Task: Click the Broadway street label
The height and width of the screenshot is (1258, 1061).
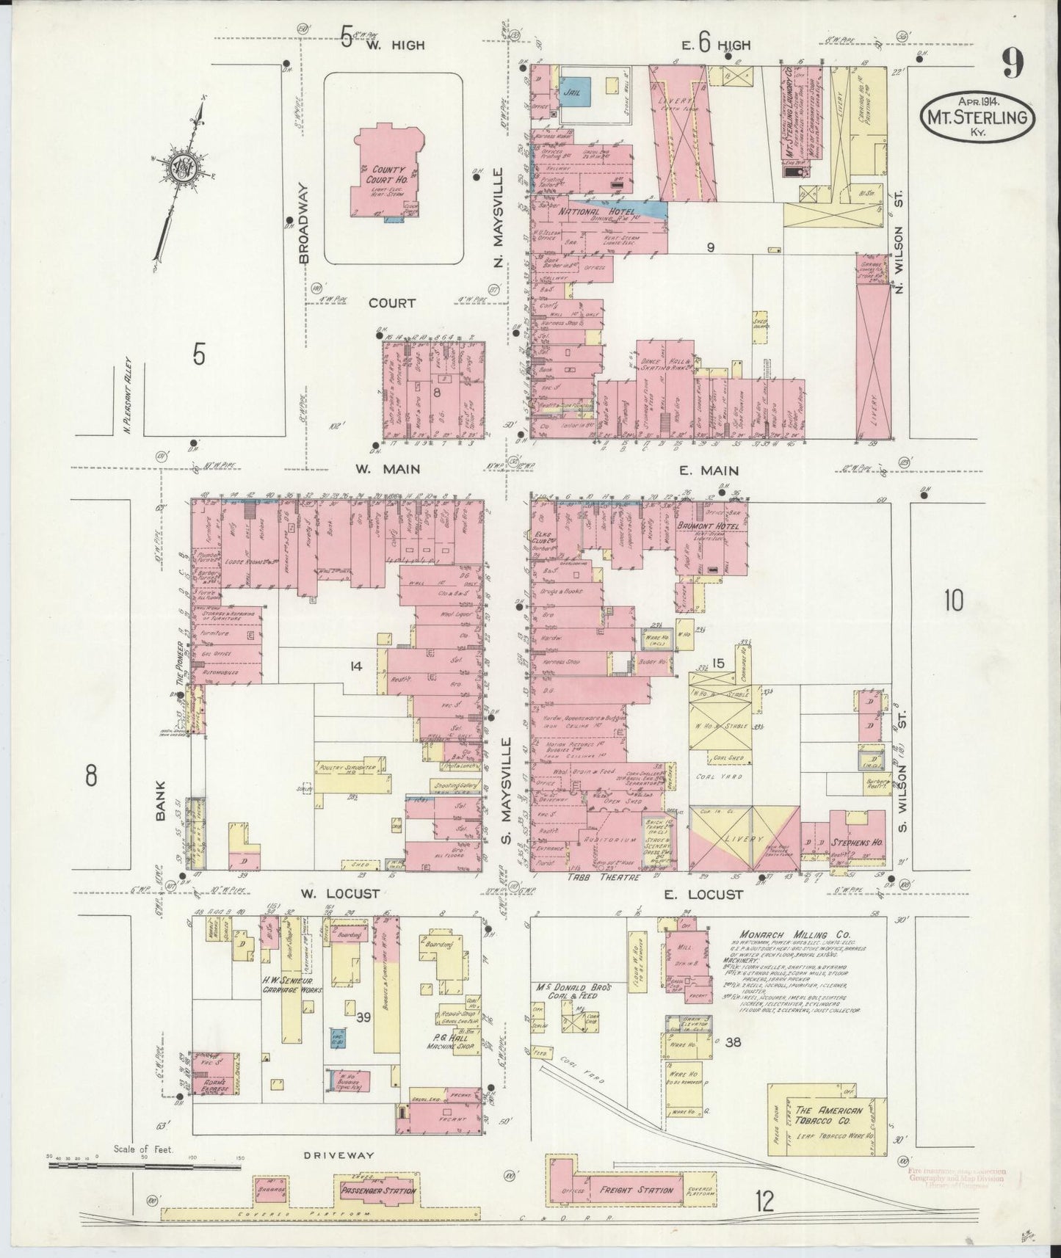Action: [304, 223]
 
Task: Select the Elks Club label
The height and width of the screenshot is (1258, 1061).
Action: [546, 538]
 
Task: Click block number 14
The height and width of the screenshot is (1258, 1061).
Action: [356, 666]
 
